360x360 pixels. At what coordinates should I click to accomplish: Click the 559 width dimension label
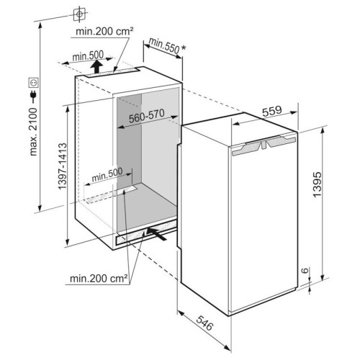pyautogui.click(x=271, y=111)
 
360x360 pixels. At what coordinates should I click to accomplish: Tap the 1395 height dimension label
pyautogui.click(x=318, y=184)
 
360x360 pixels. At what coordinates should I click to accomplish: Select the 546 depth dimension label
pyautogui.click(x=204, y=323)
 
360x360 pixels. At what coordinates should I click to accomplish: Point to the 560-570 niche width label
pyautogui.click(x=147, y=116)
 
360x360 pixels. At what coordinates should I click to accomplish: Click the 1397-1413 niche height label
pyautogui.click(x=63, y=166)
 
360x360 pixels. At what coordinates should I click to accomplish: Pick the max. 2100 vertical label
pyautogui.click(x=33, y=132)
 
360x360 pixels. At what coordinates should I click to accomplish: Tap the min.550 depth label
pyautogui.click(x=164, y=45)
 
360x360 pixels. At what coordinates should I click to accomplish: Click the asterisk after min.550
pyautogui.click(x=184, y=48)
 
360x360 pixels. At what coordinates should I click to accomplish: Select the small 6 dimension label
pyautogui.click(x=305, y=271)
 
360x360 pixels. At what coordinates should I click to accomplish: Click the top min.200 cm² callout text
pyautogui.click(x=104, y=31)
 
